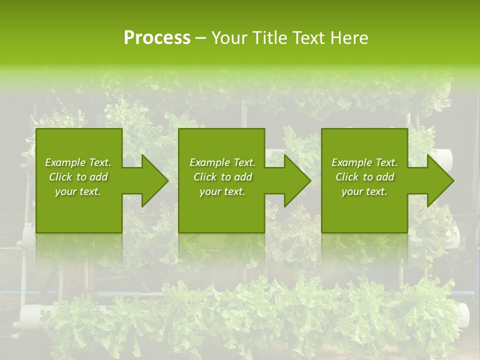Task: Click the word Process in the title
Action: click(x=157, y=38)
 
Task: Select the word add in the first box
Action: click(x=98, y=177)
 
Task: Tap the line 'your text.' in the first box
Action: click(x=78, y=191)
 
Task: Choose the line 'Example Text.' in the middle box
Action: click(x=222, y=162)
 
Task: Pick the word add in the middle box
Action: click(x=243, y=177)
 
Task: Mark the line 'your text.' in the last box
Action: click(x=364, y=191)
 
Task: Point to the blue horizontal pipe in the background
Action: click(x=30, y=292)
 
